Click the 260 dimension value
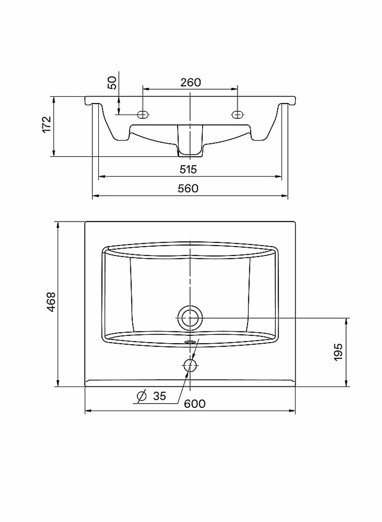pos(191,82)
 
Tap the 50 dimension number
pos(112,83)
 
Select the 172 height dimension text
pos(46,124)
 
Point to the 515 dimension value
pos(188,169)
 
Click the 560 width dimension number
pos(188,188)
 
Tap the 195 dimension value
pos(338,352)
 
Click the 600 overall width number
pos(195,404)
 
